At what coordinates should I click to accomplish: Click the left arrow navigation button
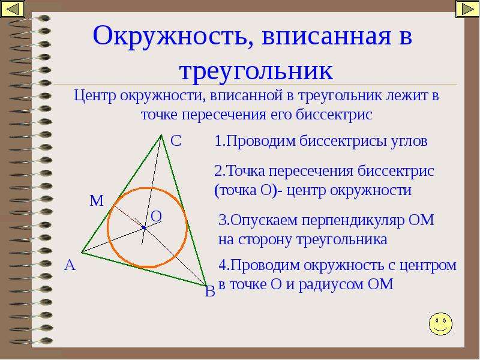click(13, 9)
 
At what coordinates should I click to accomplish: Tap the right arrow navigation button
click(467, 9)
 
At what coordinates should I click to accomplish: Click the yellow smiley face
click(440, 323)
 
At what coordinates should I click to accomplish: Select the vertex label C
click(176, 141)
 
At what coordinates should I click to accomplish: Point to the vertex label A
click(70, 265)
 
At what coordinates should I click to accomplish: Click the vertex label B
click(210, 291)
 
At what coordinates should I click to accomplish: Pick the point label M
click(97, 201)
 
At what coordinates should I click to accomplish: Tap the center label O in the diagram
click(156, 217)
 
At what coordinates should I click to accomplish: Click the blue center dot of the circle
click(144, 228)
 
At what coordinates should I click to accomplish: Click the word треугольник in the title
click(256, 71)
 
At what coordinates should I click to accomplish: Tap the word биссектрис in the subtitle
click(334, 115)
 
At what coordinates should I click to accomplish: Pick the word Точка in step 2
click(245, 171)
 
